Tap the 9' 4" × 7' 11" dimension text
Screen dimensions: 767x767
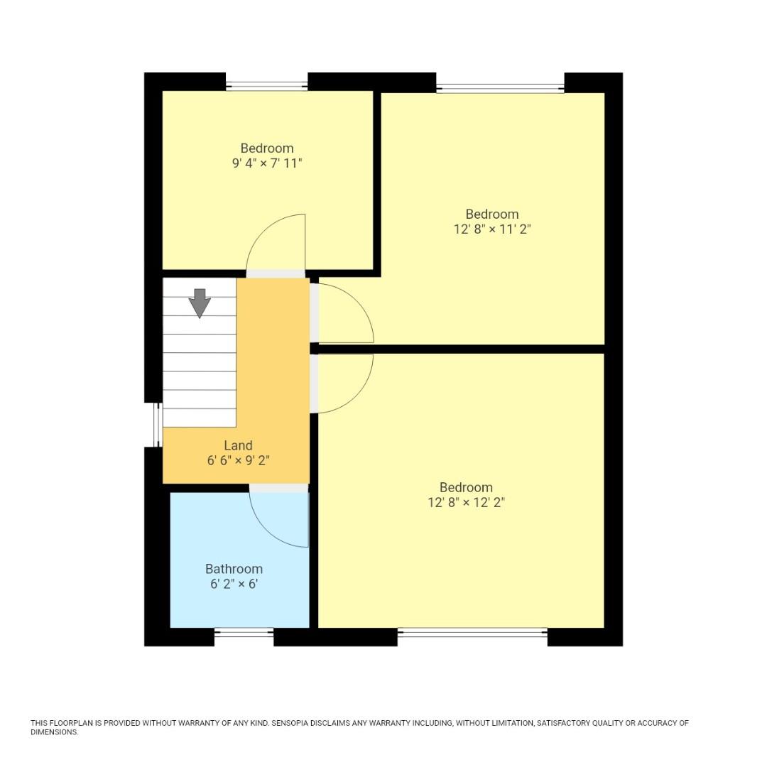267,163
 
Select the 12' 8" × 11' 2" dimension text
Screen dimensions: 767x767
492,229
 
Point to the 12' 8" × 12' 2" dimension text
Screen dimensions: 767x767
466,503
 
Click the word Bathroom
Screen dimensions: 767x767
234,569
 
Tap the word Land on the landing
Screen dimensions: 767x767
238,445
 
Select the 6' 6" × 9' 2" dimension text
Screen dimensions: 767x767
238,460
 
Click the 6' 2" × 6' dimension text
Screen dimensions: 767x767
234,584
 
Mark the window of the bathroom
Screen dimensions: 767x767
244,632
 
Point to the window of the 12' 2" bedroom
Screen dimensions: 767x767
472,632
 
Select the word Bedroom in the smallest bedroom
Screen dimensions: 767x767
267,148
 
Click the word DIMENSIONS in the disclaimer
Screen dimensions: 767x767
53,732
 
